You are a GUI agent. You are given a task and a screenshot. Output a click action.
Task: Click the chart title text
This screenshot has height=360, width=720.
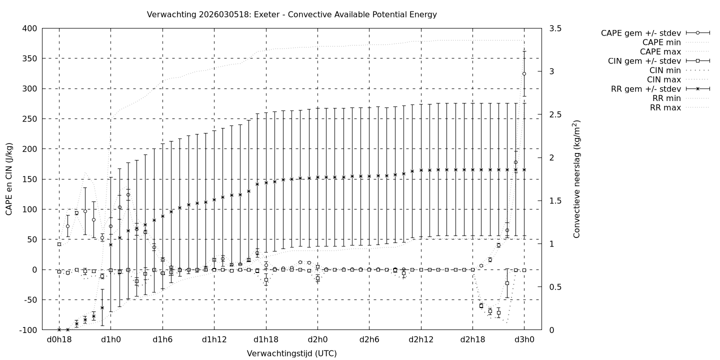point(291,14)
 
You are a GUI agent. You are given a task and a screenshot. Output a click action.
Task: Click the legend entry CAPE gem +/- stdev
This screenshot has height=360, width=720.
point(642,33)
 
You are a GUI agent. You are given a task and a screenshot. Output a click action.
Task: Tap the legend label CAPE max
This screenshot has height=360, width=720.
point(661,51)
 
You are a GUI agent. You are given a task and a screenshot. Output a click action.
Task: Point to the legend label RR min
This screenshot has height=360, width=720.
point(665,98)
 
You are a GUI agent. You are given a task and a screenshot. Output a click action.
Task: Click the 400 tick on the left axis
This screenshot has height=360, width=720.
point(29,28)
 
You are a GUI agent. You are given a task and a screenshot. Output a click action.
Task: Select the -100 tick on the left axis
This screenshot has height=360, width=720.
point(28,330)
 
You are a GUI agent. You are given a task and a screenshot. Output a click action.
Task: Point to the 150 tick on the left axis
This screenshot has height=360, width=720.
point(29,179)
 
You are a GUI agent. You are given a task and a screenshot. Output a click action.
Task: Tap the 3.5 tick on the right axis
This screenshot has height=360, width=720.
point(554,28)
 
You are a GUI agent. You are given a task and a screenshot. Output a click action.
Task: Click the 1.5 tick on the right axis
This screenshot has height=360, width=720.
point(554,201)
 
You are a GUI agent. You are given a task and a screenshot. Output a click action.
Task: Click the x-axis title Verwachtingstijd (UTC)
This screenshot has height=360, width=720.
point(291,353)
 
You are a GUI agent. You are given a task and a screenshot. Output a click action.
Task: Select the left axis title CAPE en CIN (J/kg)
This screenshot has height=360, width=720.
point(9,179)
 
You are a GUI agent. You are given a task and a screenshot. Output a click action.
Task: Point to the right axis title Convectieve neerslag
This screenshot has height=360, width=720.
point(576,179)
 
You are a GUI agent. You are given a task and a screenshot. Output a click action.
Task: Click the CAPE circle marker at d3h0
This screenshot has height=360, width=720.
point(524,73)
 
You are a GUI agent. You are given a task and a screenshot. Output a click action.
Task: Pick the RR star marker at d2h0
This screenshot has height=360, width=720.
point(317,177)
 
